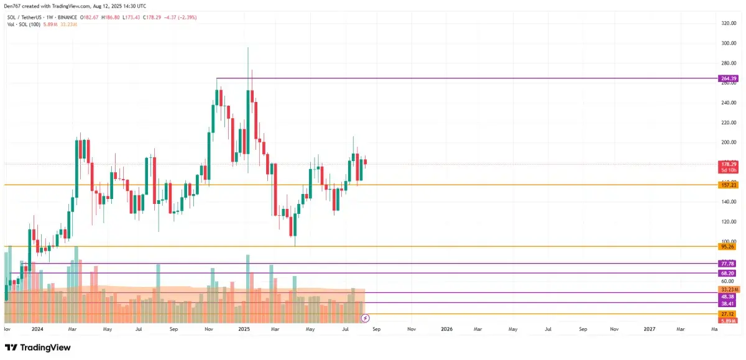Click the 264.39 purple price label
[728, 78]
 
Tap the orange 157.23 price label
[728, 185]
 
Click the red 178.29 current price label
[728, 164]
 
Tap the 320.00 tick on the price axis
[729, 23]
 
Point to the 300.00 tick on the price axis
[729, 43]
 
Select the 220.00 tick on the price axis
[729, 122]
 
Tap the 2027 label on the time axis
[649, 328]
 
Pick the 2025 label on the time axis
[244, 328]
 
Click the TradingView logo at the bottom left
[38, 348]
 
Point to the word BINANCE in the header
[65, 17]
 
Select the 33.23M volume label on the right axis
[729, 290]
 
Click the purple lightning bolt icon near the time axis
[365, 318]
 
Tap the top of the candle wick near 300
[247, 47]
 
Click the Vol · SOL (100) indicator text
[24, 24]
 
